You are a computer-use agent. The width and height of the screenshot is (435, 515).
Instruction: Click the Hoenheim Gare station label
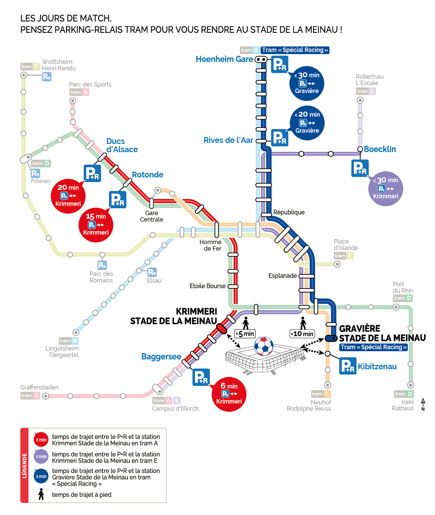[224, 59]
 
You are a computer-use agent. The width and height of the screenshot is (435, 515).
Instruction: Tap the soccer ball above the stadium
[264, 346]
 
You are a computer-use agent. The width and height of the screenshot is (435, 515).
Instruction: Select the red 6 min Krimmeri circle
[229, 394]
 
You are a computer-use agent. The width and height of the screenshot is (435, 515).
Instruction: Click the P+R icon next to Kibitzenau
[348, 366]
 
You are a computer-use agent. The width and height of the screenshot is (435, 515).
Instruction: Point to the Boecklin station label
[380, 149]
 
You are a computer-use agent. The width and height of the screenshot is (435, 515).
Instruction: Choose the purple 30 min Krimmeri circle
[385, 188]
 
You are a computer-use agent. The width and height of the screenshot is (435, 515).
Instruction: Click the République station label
[289, 212]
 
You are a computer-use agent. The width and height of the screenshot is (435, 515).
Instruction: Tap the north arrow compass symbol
[423, 404]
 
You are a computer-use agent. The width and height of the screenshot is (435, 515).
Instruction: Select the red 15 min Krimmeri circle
[96, 225]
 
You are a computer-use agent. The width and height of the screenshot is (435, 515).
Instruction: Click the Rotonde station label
[148, 175]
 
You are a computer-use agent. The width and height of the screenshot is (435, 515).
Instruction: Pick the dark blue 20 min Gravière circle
[307, 123]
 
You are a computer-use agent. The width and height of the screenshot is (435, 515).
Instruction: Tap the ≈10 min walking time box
[302, 334]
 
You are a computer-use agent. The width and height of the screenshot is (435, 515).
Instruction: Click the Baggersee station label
[161, 357]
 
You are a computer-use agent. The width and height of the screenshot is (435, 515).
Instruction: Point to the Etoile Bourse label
[207, 286]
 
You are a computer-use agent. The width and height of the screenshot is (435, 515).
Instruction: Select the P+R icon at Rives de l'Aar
[280, 138]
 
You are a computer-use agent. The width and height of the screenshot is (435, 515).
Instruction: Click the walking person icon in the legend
[41, 494]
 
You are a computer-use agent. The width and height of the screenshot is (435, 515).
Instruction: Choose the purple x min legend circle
[41, 457]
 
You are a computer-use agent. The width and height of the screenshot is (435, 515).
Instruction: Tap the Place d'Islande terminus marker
[337, 264]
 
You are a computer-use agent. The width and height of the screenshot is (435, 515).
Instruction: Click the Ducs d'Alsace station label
[122, 145]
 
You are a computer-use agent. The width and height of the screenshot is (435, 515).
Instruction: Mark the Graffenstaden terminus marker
[45, 396]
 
